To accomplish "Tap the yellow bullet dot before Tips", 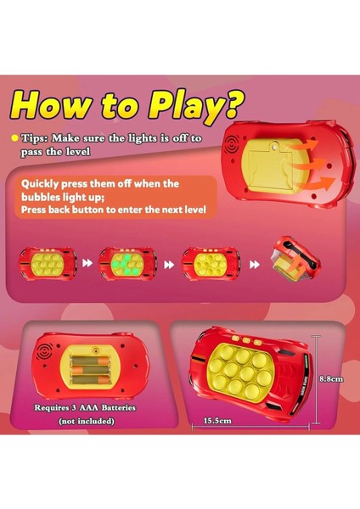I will (14, 138).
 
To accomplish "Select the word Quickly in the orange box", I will (42, 183).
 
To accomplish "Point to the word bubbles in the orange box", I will (42, 196).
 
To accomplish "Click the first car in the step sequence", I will (48, 264).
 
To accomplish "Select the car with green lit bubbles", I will (127, 264).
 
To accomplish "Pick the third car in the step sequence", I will (211, 264).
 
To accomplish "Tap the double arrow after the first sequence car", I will (87, 265).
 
